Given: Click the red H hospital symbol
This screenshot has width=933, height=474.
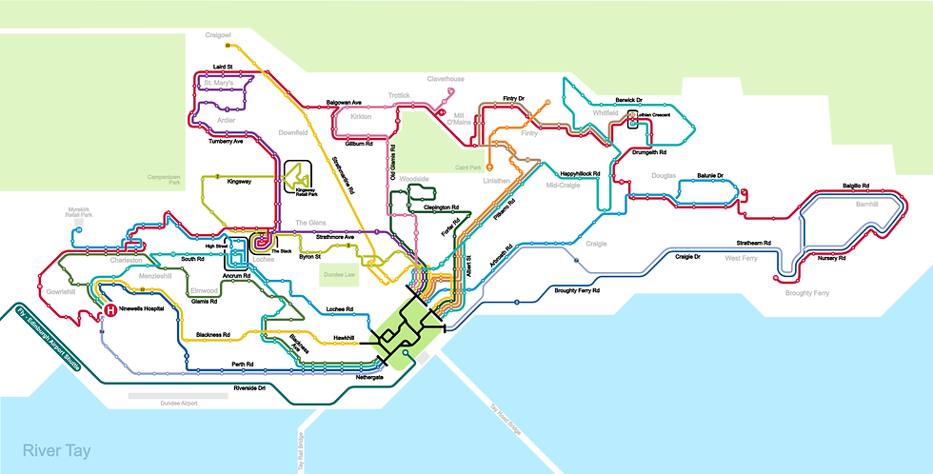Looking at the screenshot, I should pyautogui.click(x=110, y=310).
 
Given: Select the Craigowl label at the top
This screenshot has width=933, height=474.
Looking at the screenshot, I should pyautogui.click(x=220, y=35).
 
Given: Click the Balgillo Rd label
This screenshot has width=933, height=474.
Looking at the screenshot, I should pyautogui.click(x=858, y=186).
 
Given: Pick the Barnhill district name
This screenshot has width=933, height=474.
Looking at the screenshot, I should pyautogui.click(x=841, y=204).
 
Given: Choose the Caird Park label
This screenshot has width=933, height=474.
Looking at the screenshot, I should pyautogui.click(x=468, y=168).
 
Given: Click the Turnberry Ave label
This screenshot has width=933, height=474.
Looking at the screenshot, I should pyautogui.click(x=226, y=142).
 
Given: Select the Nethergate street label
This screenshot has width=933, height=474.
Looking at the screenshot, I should pyautogui.click(x=343, y=377).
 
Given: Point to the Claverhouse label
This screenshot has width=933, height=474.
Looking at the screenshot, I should pyautogui.click(x=446, y=79).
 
